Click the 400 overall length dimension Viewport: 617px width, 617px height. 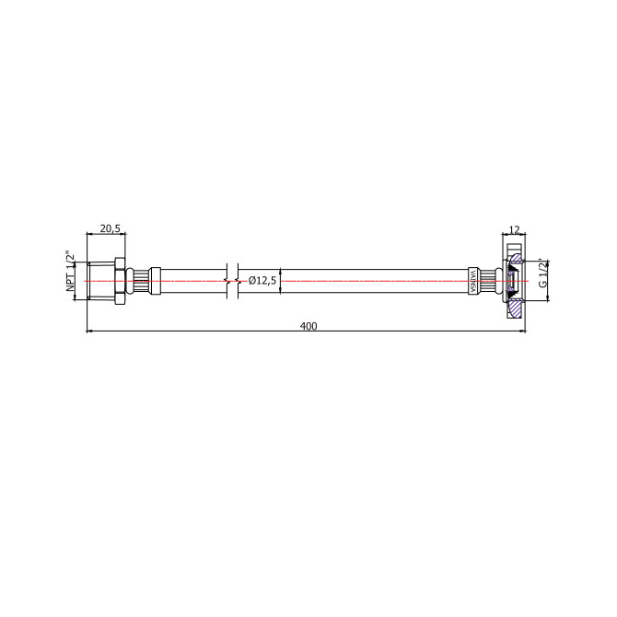coord(308,325)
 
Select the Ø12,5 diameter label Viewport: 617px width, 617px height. coord(262,280)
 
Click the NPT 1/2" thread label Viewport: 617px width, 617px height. coord(71,274)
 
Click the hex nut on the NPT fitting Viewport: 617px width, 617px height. coord(118,278)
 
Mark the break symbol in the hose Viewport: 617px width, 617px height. coord(232,278)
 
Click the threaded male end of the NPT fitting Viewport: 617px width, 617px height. coord(98,278)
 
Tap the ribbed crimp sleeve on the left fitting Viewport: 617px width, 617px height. coord(142,278)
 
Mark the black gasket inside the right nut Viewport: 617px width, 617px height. coord(511,278)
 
